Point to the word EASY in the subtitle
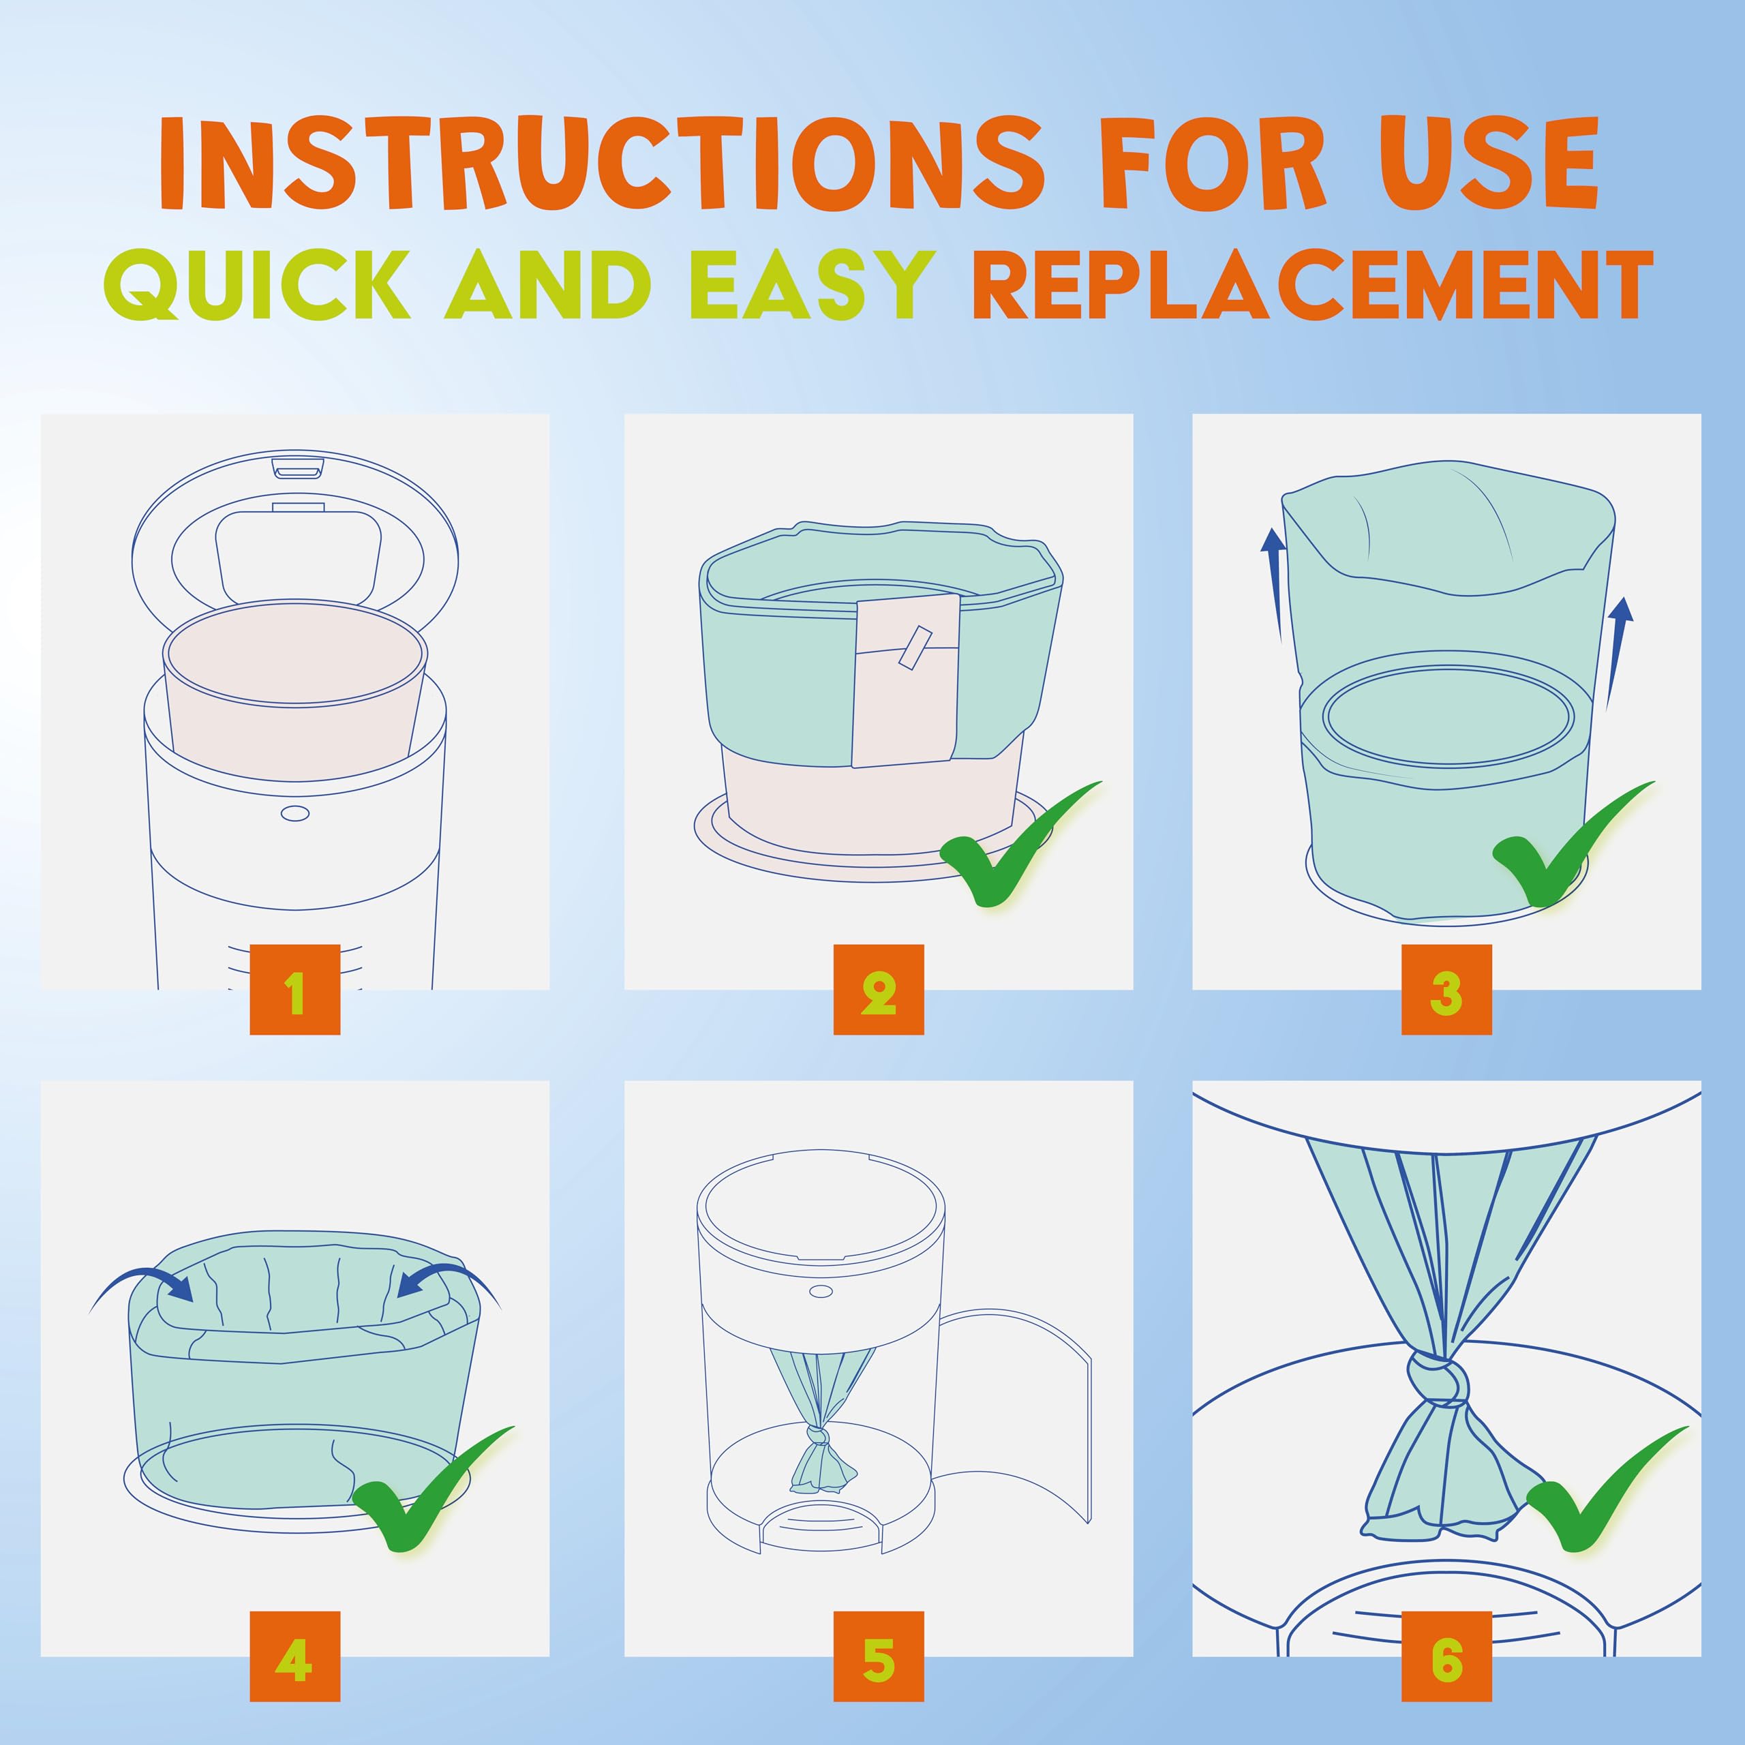811,284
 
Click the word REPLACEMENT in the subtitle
1311,284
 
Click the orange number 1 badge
294,990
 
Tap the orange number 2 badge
878,990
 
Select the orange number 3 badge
1446,990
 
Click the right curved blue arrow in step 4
449,1286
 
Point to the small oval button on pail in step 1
295,814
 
